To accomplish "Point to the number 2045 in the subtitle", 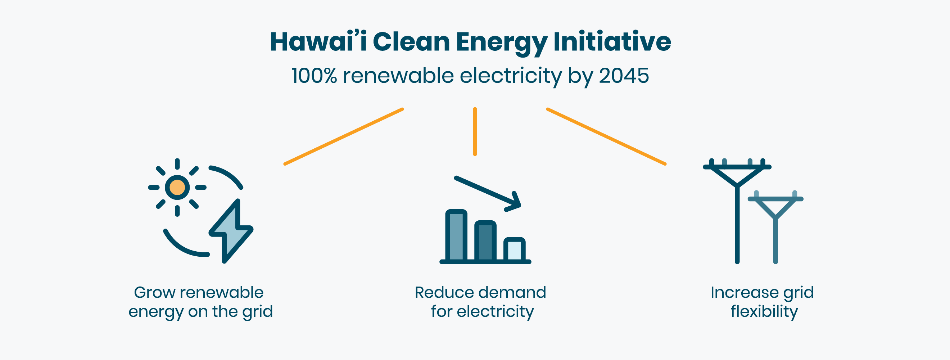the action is point(624,76).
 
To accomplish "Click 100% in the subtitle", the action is point(314,76).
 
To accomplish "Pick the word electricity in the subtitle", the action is point(511,76).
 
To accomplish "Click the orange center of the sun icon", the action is point(177,187).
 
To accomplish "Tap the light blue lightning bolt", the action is point(231,231).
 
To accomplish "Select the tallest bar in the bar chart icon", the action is point(456,236).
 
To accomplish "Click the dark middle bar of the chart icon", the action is point(485,242).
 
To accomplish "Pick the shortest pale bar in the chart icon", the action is point(515,250).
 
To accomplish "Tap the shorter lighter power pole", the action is point(775,227).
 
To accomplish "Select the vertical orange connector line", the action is point(475,132).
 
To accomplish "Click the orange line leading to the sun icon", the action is point(344,136).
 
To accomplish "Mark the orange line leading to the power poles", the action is point(606,136).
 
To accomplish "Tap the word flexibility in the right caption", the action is point(764,312).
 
